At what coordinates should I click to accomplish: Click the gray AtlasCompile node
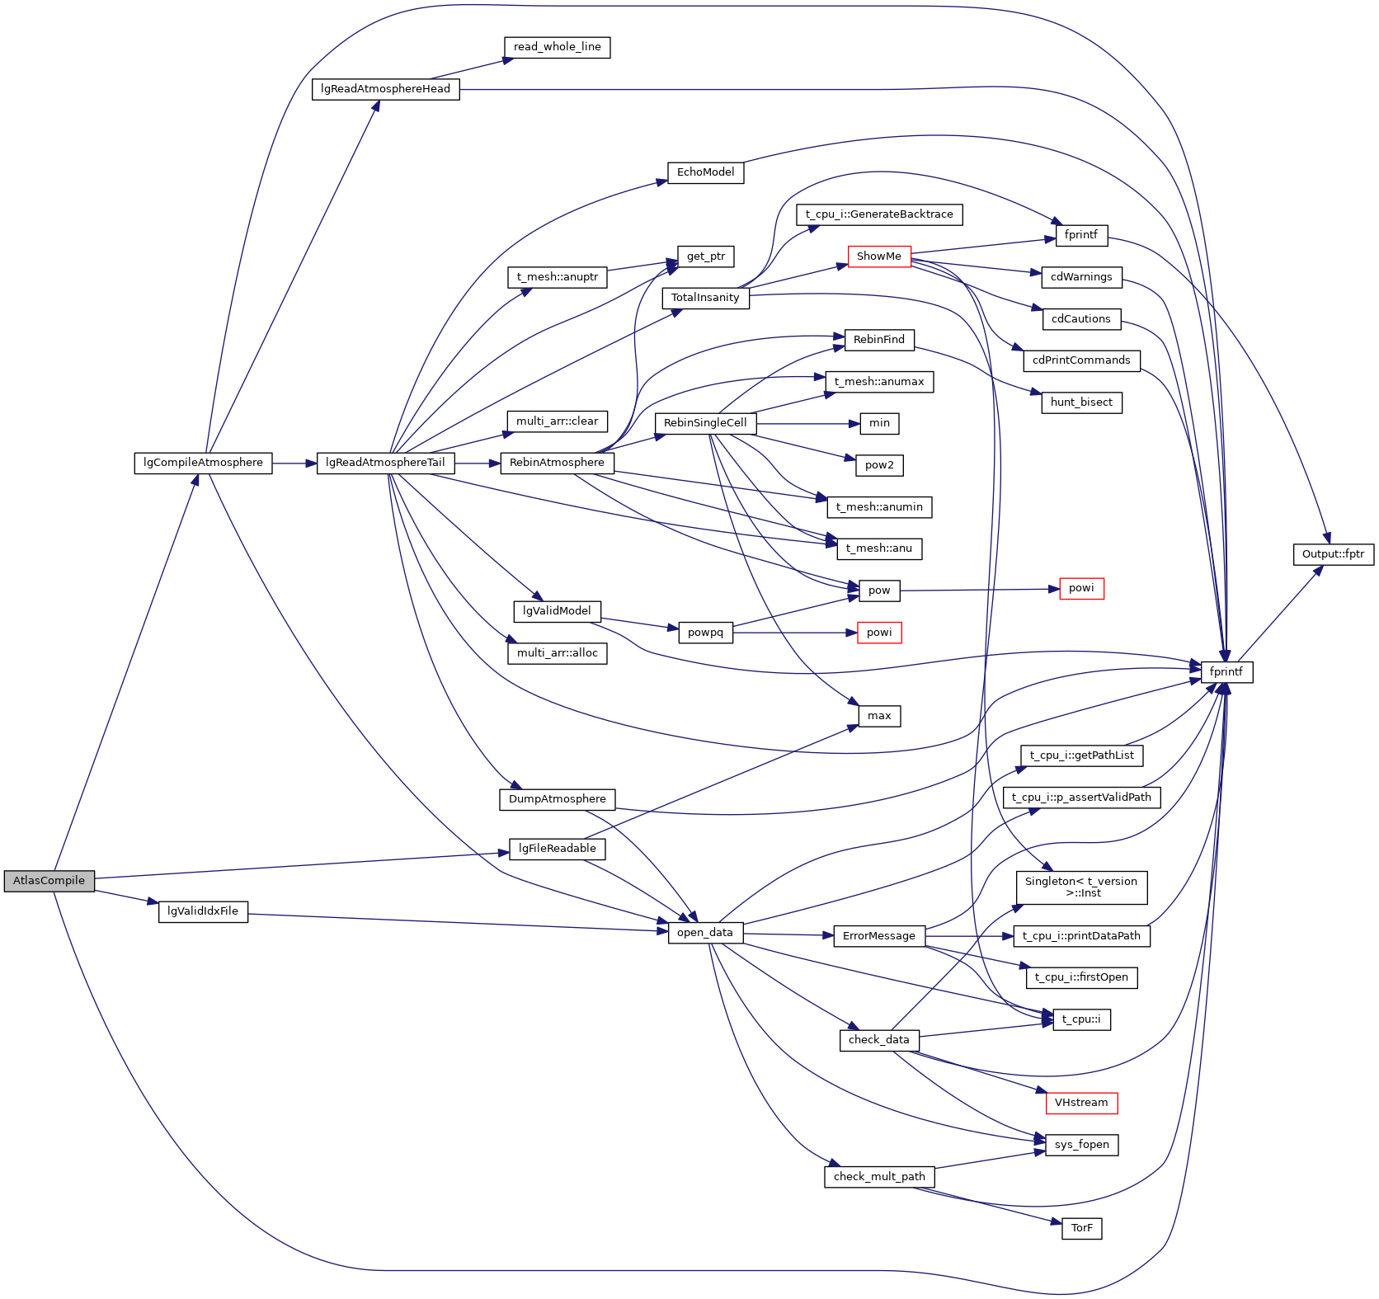pos(49,881)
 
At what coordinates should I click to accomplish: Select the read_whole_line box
pos(557,47)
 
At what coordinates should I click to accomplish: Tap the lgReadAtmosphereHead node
pos(385,89)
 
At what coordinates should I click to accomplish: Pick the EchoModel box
pos(705,172)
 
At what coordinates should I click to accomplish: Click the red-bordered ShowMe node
pos(879,257)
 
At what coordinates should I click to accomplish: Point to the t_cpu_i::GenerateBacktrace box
pos(879,214)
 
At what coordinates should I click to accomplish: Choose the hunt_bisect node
pos(1081,402)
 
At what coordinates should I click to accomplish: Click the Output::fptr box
pos(1333,554)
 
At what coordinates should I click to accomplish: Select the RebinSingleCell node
pos(705,423)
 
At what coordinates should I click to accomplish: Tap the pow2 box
pos(879,465)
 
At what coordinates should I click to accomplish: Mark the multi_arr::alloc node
pos(558,653)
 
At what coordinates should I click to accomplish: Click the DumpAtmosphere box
pos(558,799)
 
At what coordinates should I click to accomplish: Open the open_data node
pos(705,933)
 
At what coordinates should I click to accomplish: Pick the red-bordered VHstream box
pos(1081,1103)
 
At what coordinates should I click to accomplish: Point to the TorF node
pos(1081,1228)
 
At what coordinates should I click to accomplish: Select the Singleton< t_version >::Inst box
pos(1081,887)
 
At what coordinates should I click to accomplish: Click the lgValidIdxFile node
pos(203,911)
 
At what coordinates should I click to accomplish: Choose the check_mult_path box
pos(879,1177)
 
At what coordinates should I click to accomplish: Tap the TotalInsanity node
pos(705,298)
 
